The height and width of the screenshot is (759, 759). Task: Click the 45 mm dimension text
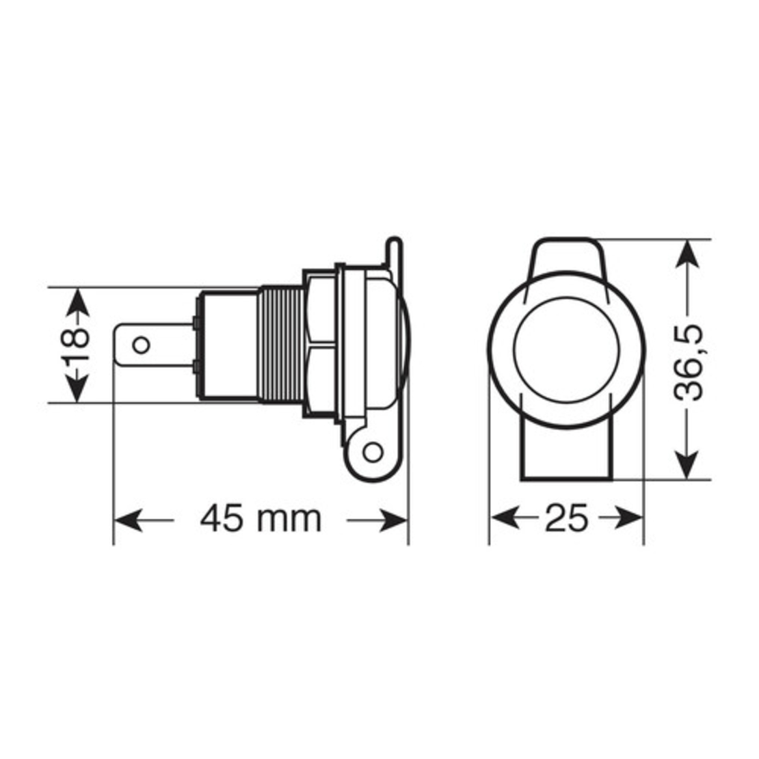(261, 519)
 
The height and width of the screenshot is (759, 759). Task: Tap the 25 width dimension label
(566, 519)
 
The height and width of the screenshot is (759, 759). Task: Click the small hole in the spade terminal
(141, 345)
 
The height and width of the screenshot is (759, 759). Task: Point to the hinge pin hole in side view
(373, 451)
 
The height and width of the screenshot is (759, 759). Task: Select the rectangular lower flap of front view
(565, 451)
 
